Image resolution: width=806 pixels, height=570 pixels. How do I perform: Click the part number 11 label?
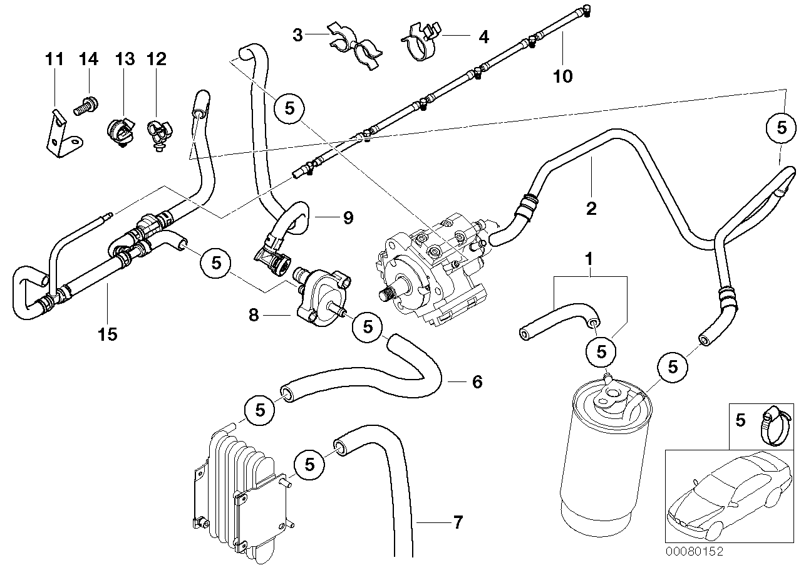click(54, 60)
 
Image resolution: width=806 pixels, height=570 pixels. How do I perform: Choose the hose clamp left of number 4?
click(421, 40)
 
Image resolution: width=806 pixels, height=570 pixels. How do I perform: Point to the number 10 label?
click(562, 76)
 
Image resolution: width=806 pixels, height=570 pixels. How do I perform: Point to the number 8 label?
click(253, 315)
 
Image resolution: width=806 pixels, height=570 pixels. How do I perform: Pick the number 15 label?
click(107, 334)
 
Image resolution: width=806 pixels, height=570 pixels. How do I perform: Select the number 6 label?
click(477, 381)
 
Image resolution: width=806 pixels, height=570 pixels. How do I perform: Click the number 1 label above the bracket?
click(588, 258)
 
